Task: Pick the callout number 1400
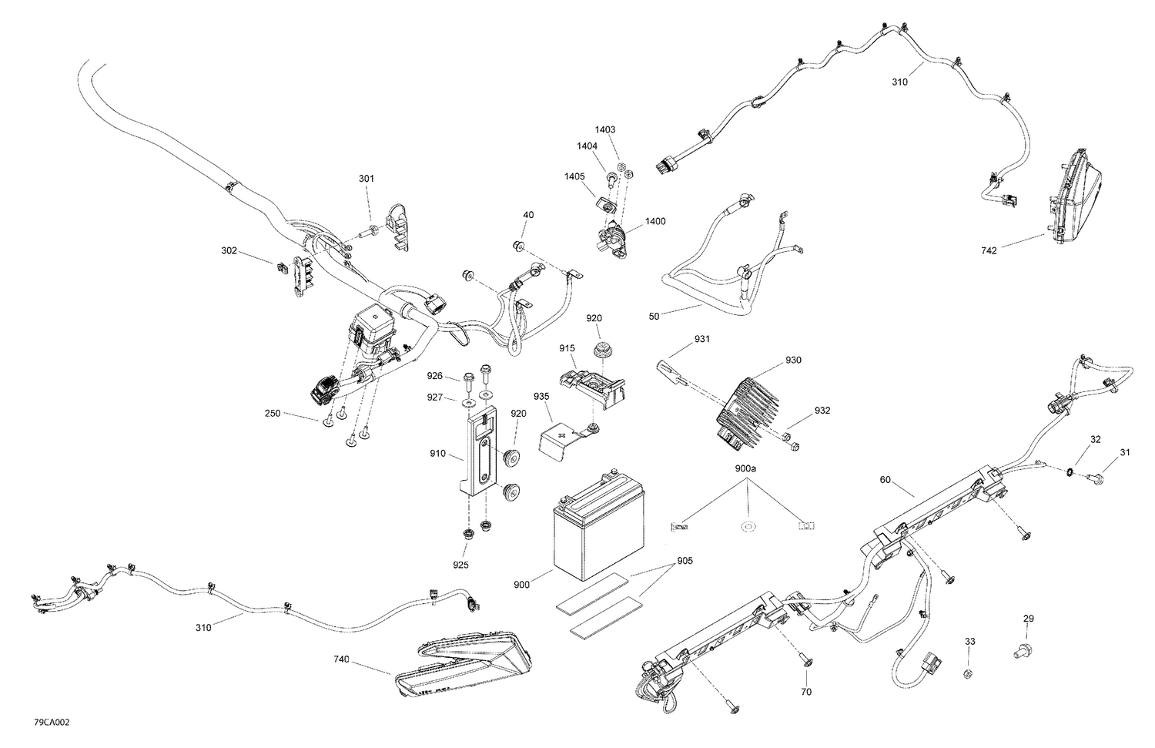click(x=655, y=222)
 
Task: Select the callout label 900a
click(x=745, y=468)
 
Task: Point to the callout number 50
click(x=654, y=317)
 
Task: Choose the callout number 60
click(x=885, y=480)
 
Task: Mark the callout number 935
click(x=541, y=396)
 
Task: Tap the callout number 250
click(x=272, y=414)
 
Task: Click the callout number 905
click(x=685, y=561)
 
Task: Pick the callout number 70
click(x=806, y=692)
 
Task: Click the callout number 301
click(x=367, y=179)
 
